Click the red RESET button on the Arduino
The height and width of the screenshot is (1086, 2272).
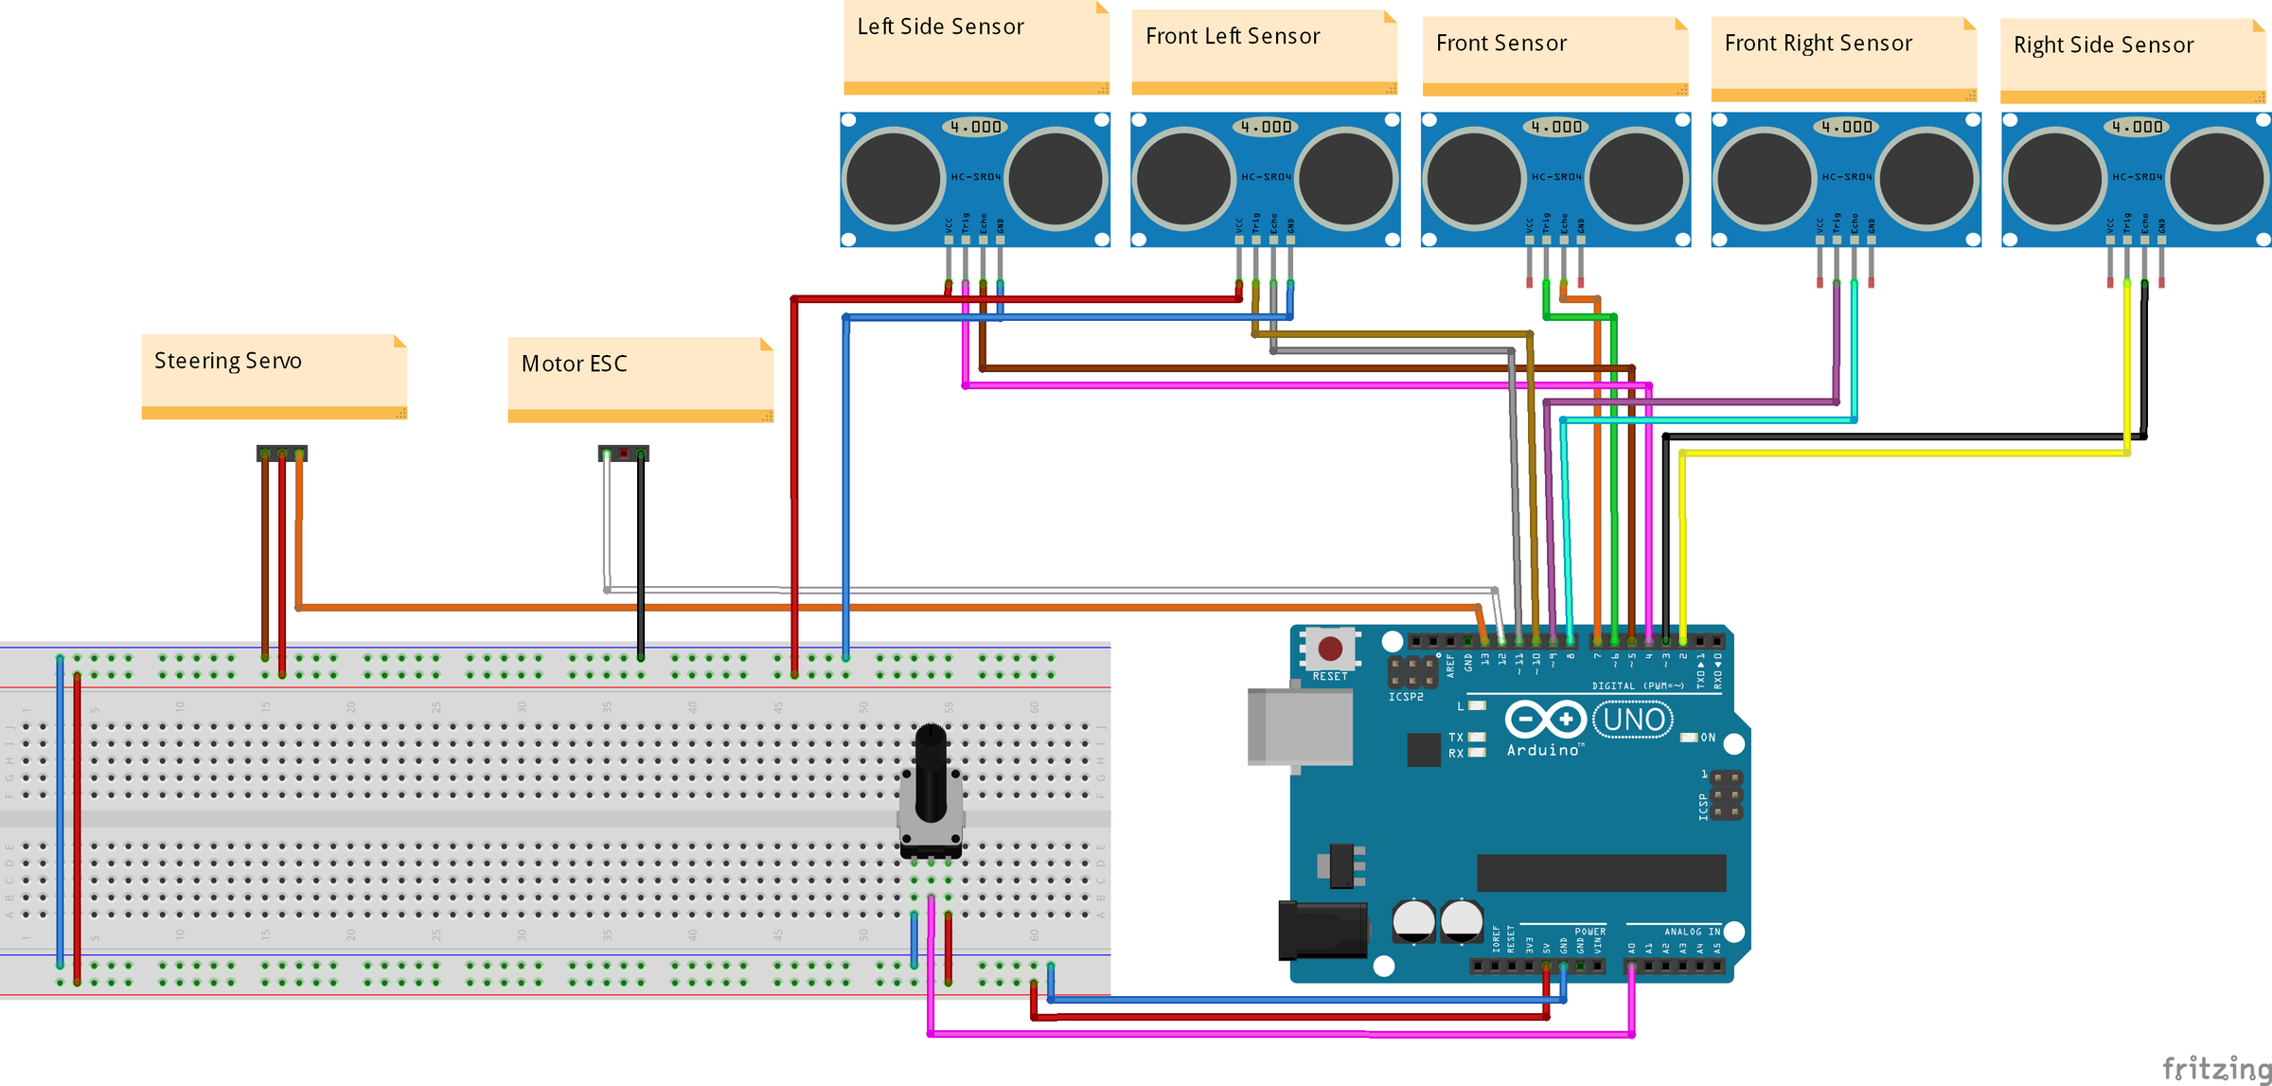(x=1329, y=648)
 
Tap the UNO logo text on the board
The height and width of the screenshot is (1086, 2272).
(x=1634, y=720)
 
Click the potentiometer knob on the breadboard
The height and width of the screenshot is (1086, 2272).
(x=931, y=772)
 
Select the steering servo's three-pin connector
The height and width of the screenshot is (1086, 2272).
(x=281, y=454)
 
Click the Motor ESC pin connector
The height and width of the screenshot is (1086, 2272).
(x=623, y=454)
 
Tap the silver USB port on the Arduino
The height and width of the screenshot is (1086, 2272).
(x=1298, y=726)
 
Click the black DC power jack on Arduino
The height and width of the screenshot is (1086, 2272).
(x=1322, y=930)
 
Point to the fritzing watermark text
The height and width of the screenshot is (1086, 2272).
(x=2215, y=1068)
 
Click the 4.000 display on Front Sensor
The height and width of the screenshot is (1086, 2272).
(x=1555, y=127)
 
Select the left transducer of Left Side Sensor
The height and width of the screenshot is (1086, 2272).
(x=893, y=179)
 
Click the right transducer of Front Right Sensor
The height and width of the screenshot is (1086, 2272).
(x=1926, y=179)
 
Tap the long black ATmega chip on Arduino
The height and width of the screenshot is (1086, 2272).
(x=1600, y=872)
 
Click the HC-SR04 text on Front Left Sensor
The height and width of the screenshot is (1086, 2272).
(x=1266, y=177)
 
